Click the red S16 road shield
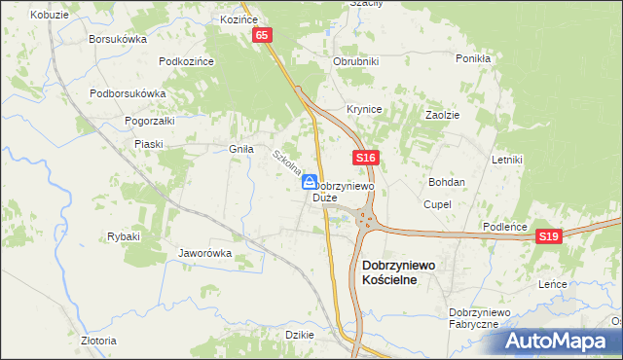click(365, 157)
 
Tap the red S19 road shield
click(551, 236)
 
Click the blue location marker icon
click(309, 181)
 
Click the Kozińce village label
click(238, 19)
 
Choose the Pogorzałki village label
click(149, 121)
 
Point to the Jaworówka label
click(204, 253)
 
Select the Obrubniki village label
click(355, 61)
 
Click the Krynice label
click(363, 109)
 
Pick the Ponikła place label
click(473, 58)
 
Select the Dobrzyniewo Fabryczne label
click(473, 317)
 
